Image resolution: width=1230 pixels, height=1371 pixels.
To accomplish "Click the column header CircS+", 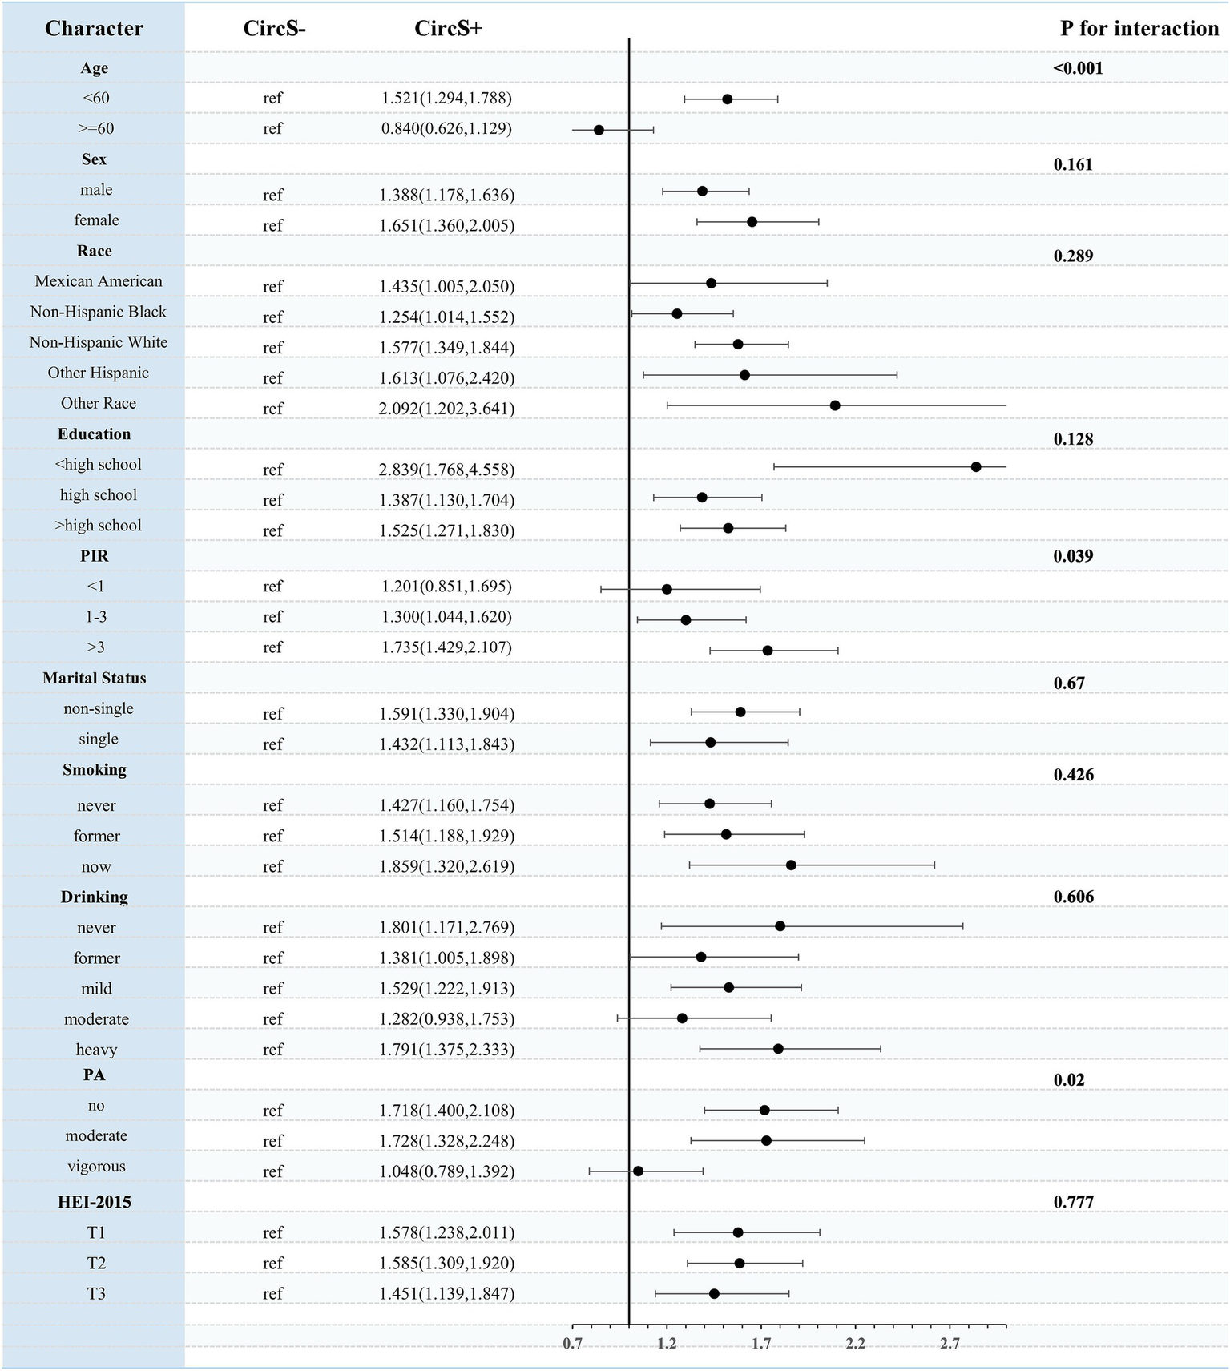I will pyautogui.click(x=448, y=29).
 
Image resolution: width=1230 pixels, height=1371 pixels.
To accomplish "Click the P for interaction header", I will pyautogui.click(x=1139, y=29).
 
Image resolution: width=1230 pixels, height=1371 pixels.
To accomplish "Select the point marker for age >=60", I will pyautogui.click(x=599, y=130).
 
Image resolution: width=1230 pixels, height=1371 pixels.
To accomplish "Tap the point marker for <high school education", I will pyautogui.click(x=976, y=467).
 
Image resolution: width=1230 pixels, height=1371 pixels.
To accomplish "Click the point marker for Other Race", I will pyautogui.click(x=835, y=405).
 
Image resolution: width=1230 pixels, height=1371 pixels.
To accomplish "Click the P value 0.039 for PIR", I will pyautogui.click(x=1073, y=556).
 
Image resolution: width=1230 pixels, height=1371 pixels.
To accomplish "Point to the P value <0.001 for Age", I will pyautogui.click(x=1078, y=68).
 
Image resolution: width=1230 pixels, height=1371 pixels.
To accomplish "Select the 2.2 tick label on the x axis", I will pyautogui.click(x=856, y=1343).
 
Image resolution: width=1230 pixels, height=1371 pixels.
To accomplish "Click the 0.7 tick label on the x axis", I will pyautogui.click(x=572, y=1343).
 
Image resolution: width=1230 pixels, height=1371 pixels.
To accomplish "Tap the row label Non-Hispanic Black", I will pyautogui.click(x=98, y=312).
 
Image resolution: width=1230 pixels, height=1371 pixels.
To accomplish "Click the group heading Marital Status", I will pyautogui.click(x=95, y=678).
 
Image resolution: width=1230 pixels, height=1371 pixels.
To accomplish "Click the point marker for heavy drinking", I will pyautogui.click(x=778, y=1049).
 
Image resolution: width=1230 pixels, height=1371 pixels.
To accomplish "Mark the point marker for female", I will pyautogui.click(x=752, y=222).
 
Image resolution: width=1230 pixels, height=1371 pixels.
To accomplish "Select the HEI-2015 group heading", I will pyautogui.click(x=95, y=1202).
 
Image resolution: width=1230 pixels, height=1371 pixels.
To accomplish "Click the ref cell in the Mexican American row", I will pyautogui.click(x=272, y=286).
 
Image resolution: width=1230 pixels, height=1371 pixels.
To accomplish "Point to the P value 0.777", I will pyautogui.click(x=1073, y=1202).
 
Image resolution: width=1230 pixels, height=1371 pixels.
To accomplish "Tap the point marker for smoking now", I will pyautogui.click(x=791, y=865).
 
